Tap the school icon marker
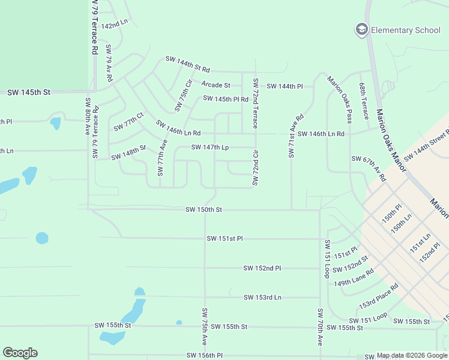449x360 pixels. click(361, 29)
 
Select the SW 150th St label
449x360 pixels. click(203, 209)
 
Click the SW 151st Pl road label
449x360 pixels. click(224, 238)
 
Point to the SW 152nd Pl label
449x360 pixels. click(262, 268)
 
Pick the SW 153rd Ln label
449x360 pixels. click(262, 297)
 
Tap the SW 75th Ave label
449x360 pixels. click(205, 326)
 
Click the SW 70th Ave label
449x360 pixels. click(321, 327)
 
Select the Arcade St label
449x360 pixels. click(215, 85)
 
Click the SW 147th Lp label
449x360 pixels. click(210, 147)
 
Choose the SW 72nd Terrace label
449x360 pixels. click(255, 103)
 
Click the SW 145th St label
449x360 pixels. click(29, 92)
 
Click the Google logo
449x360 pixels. click(20, 353)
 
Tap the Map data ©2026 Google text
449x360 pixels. click(412, 356)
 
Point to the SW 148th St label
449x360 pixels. click(128, 152)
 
